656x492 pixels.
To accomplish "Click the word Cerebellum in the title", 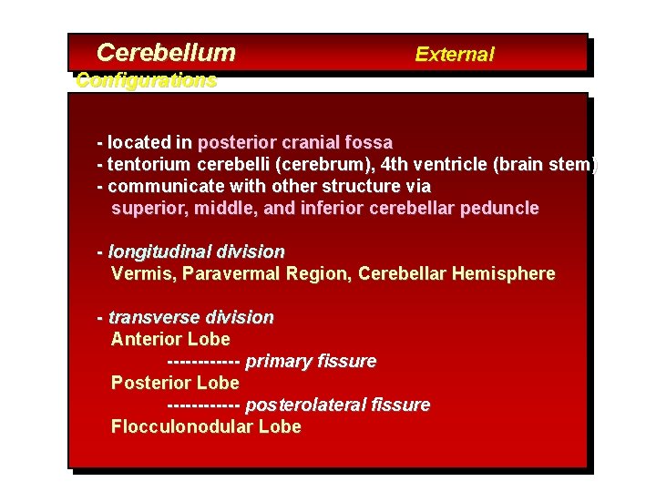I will click(x=165, y=53).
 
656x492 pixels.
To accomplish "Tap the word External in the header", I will click(x=454, y=55).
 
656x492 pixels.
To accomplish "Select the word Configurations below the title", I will click(x=147, y=80).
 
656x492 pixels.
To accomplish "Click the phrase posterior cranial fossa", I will click(x=294, y=143).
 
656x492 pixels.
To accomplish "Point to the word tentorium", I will click(x=146, y=165).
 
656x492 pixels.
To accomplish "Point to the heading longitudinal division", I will click(x=196, y=251).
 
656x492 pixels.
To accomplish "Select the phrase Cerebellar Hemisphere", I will click(x=456, y=274).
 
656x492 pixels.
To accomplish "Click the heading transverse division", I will click(x=190, y=318).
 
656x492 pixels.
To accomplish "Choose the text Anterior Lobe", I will click(x=170, y=340).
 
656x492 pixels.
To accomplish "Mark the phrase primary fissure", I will click(x=311, y=362).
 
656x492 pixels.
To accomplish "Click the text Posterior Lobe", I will click(x=175, y=384).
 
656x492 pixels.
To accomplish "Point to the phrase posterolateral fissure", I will click(x=337, y=405).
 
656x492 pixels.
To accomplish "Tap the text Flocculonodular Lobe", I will click(x=206, y=427).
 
